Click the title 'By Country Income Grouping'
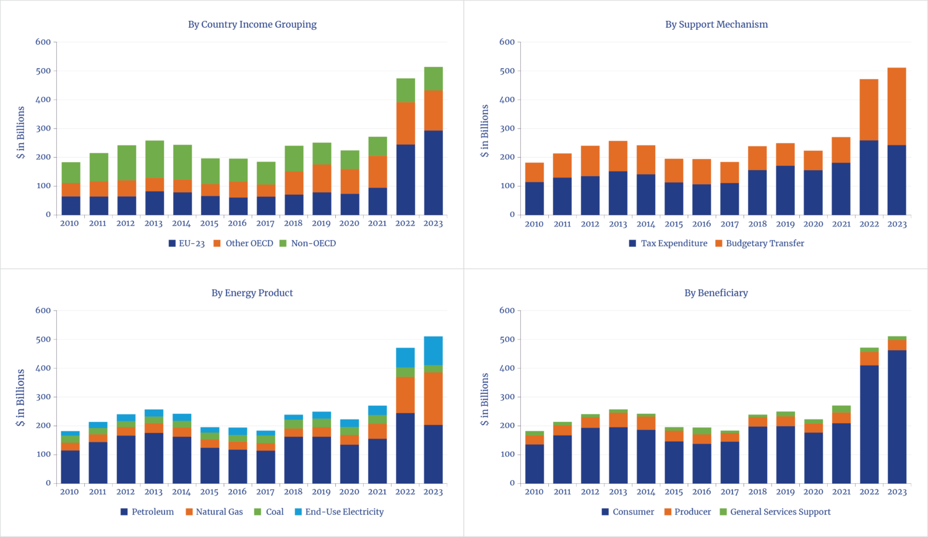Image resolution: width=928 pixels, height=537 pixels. tap(252, 25)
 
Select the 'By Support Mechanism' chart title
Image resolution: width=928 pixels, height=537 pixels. tap(716, 25)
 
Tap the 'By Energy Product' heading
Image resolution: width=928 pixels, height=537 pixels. tap(252, 293)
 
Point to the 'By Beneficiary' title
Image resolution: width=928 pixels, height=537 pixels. tap(716, 293)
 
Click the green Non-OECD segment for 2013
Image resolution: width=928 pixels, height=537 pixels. tap(154, 159)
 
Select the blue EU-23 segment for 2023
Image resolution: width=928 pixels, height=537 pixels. tap(433, 173)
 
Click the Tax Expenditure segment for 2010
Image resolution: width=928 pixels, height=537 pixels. tap(534, 199)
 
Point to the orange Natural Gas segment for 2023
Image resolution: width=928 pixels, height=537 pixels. tap(433, 398)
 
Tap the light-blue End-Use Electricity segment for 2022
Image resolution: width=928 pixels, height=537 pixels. tap(405, 357)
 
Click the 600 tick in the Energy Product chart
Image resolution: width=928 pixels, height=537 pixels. tap(43, 311)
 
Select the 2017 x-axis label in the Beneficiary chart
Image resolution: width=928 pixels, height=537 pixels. tap(729, 492)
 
